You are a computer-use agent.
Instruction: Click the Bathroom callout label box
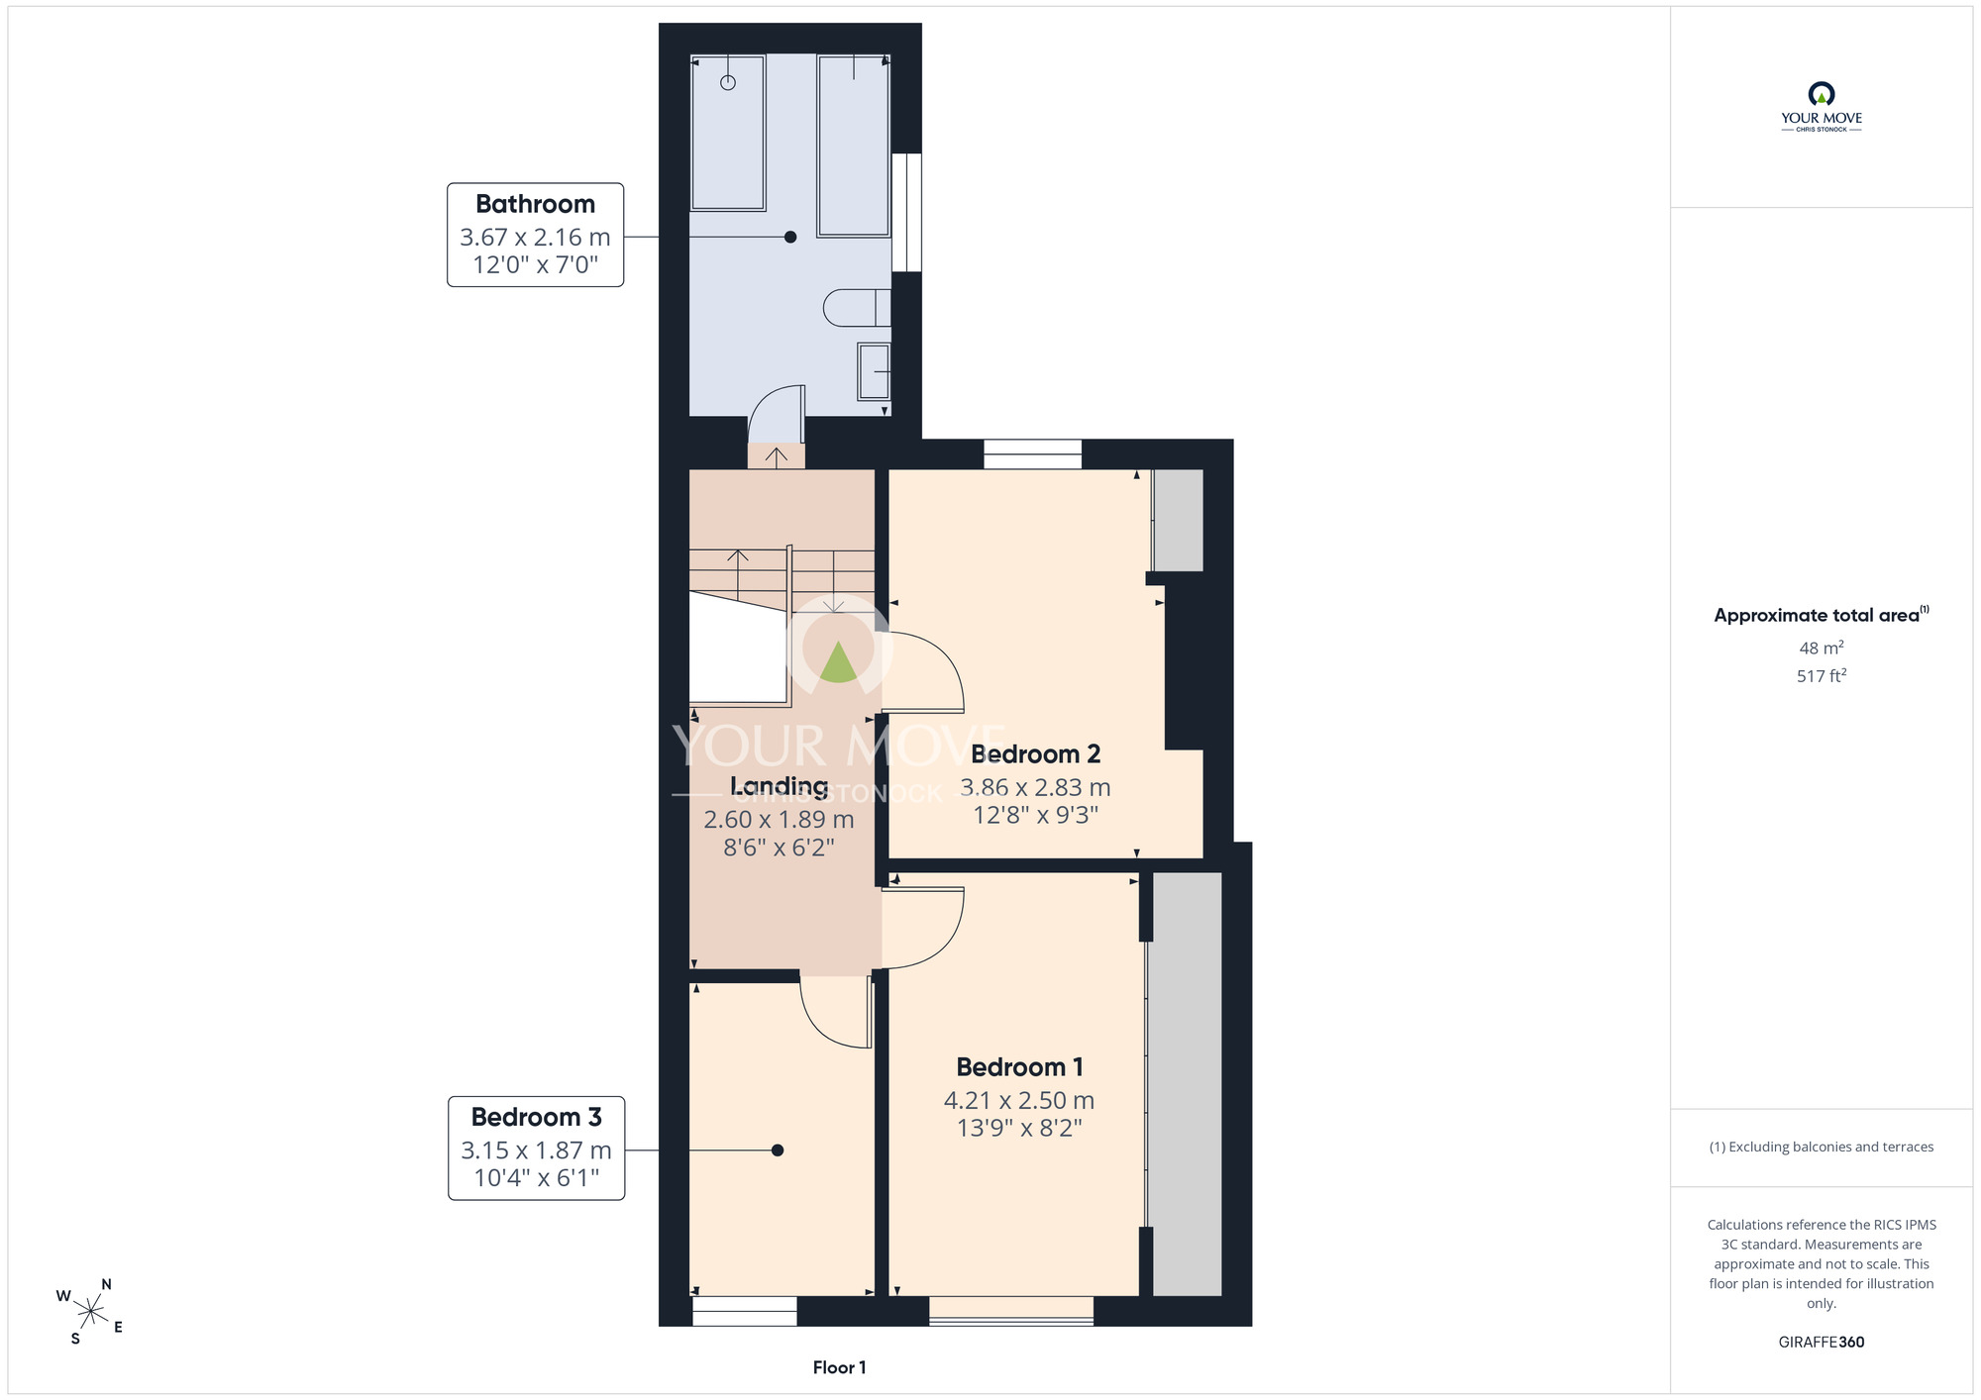click(x=535, y=235)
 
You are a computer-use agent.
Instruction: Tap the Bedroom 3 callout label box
click(x=536, y=1148)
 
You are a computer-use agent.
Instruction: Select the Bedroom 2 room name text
click(x=1035, y=754)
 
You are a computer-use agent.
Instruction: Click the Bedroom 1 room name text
click(x=1019, y=1067)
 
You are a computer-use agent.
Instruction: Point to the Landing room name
click(x=779, y=786)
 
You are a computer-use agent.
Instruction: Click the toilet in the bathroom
click(x=857, y=308)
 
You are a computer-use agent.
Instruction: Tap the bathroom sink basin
click(x=874, y=371)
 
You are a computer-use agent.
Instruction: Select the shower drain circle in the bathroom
click(x=728, y=82)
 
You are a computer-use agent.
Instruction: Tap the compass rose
click(x=90, y=1312)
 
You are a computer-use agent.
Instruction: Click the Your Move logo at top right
click(x=1822, y=107)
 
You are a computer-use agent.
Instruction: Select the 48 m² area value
click(x=1822, y=648)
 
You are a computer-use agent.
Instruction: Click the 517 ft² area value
click(x=1822, y=676)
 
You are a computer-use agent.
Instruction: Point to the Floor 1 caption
click(x=839, y=1367)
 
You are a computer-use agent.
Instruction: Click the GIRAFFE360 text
click(x=1822, y=1343)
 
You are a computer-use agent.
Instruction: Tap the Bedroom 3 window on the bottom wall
click(x=744, y=1312)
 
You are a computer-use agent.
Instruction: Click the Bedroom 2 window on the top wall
click(x=1032, y=454)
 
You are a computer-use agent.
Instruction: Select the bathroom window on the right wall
click(x=906, y=212)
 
